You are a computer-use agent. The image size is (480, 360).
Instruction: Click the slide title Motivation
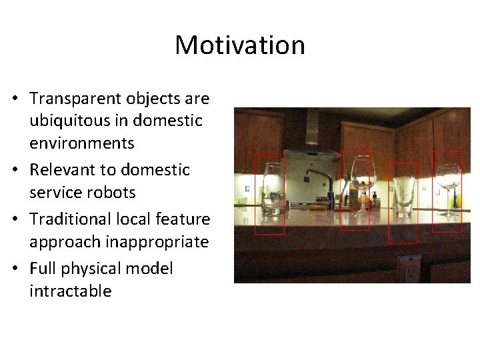[x=240, y=45]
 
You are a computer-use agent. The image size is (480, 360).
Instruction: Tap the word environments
[x=82, y=143]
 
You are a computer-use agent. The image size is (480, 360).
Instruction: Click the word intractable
[x=70, y=291]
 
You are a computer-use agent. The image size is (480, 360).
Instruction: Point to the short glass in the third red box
[x=403, y=195]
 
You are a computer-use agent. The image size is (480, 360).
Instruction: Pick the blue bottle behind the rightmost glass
[x=455, y=197]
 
